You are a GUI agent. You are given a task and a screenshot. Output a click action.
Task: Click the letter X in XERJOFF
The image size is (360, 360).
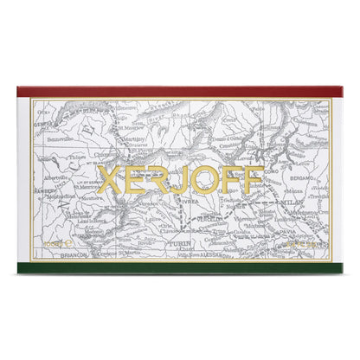tap(111, 180)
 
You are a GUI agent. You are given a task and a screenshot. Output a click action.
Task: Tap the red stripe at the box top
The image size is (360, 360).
tap(180, 92)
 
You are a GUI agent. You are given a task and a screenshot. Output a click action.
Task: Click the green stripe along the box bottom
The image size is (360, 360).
tap(180, 267)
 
